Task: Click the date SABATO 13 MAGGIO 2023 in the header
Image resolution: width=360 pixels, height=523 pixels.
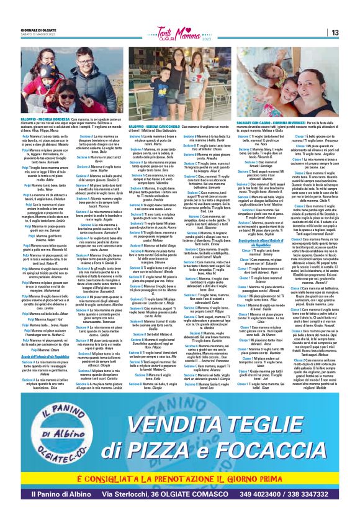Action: point(35,34)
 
